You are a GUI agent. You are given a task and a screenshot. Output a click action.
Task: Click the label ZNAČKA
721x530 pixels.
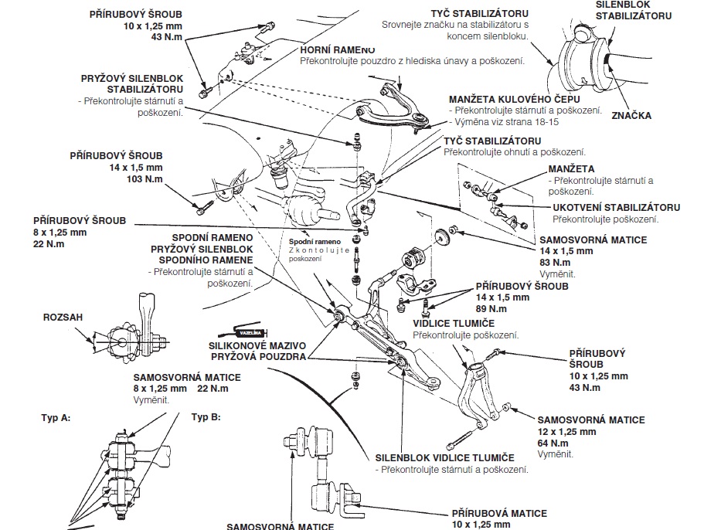[x=631, y=116]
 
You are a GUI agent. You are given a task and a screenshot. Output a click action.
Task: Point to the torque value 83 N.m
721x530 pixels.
[x=555, y=263]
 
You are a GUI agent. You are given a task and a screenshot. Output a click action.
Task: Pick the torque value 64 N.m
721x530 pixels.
[x=553, y=443]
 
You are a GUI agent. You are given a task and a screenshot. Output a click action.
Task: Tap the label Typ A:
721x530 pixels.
[x=56, y=417]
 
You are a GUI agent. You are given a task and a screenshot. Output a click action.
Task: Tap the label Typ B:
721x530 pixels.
[x=206, y=416]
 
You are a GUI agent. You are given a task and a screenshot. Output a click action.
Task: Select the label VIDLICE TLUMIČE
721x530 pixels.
[x=454, y=323]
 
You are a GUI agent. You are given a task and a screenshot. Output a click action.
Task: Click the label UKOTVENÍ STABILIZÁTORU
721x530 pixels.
[x=616, y=208]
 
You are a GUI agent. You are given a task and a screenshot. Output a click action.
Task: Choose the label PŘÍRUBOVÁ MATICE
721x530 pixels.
[x=499, y=513]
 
